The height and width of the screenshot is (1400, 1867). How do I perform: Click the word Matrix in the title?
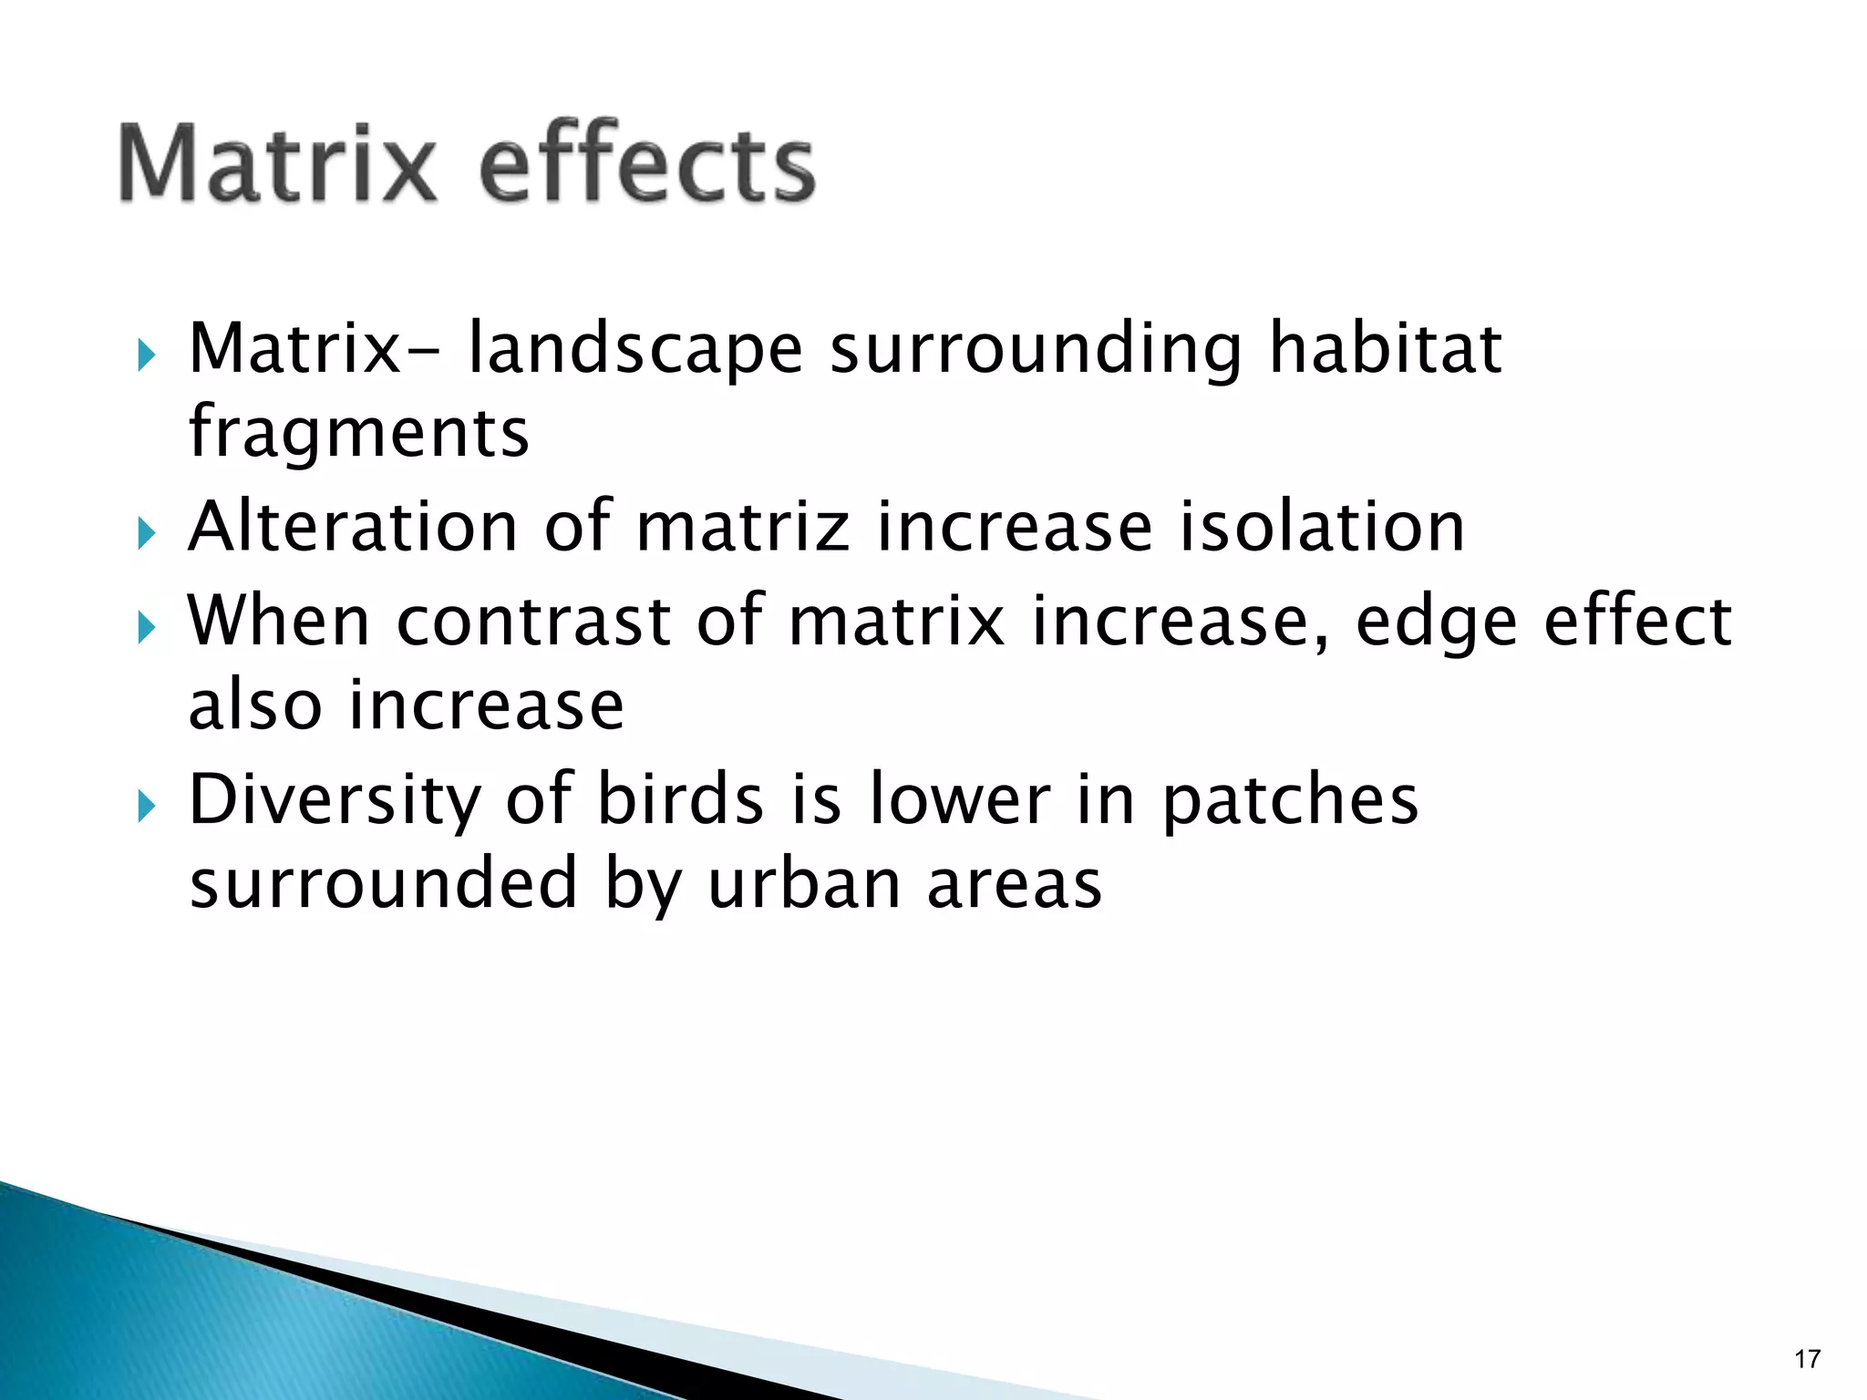pos(278,164)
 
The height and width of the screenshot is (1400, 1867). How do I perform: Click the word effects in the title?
pos(646,164)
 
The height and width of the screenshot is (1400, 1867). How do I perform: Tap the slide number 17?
pos(1807,1359)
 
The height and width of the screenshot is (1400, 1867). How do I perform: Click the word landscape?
pos(634,350)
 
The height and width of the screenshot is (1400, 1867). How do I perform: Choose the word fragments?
pos(358,432)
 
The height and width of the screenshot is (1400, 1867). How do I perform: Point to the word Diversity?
pos(334,800)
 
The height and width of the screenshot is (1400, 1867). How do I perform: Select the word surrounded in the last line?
pos(383,883)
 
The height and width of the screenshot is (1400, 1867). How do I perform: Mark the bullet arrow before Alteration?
pos(147,533)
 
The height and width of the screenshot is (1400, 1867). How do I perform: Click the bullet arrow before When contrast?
pos(147,627)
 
